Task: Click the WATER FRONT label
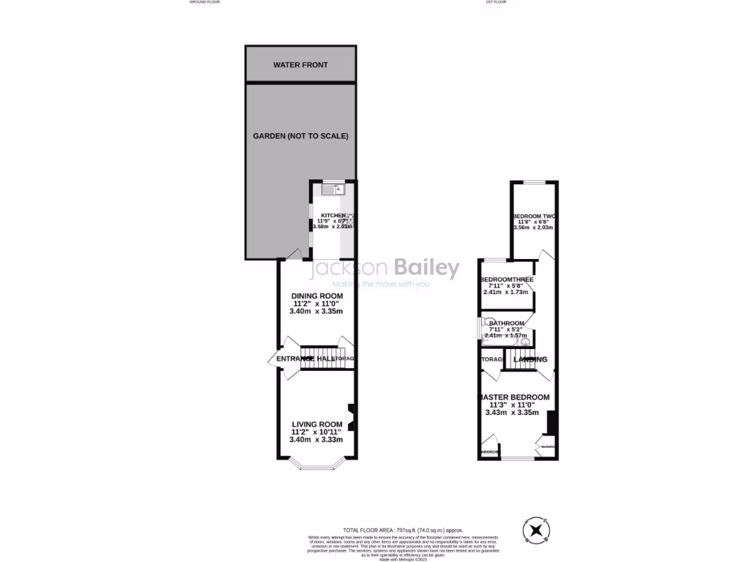pos(300,65)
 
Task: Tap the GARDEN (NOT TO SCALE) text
pos(300,136)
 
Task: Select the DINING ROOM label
pos(316,296)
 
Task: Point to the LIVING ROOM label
pos(316,424)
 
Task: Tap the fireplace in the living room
pos(351,419)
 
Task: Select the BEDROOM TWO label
pos(534,217)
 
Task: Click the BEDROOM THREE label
pos(507,280)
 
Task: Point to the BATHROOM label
pos(506,323)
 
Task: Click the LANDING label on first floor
pos(530,359)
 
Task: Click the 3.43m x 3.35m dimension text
pos(512,413)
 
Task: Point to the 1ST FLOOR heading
pos(496,2)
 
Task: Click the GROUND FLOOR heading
pos(204,2)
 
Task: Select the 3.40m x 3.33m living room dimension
pos(316,439)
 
